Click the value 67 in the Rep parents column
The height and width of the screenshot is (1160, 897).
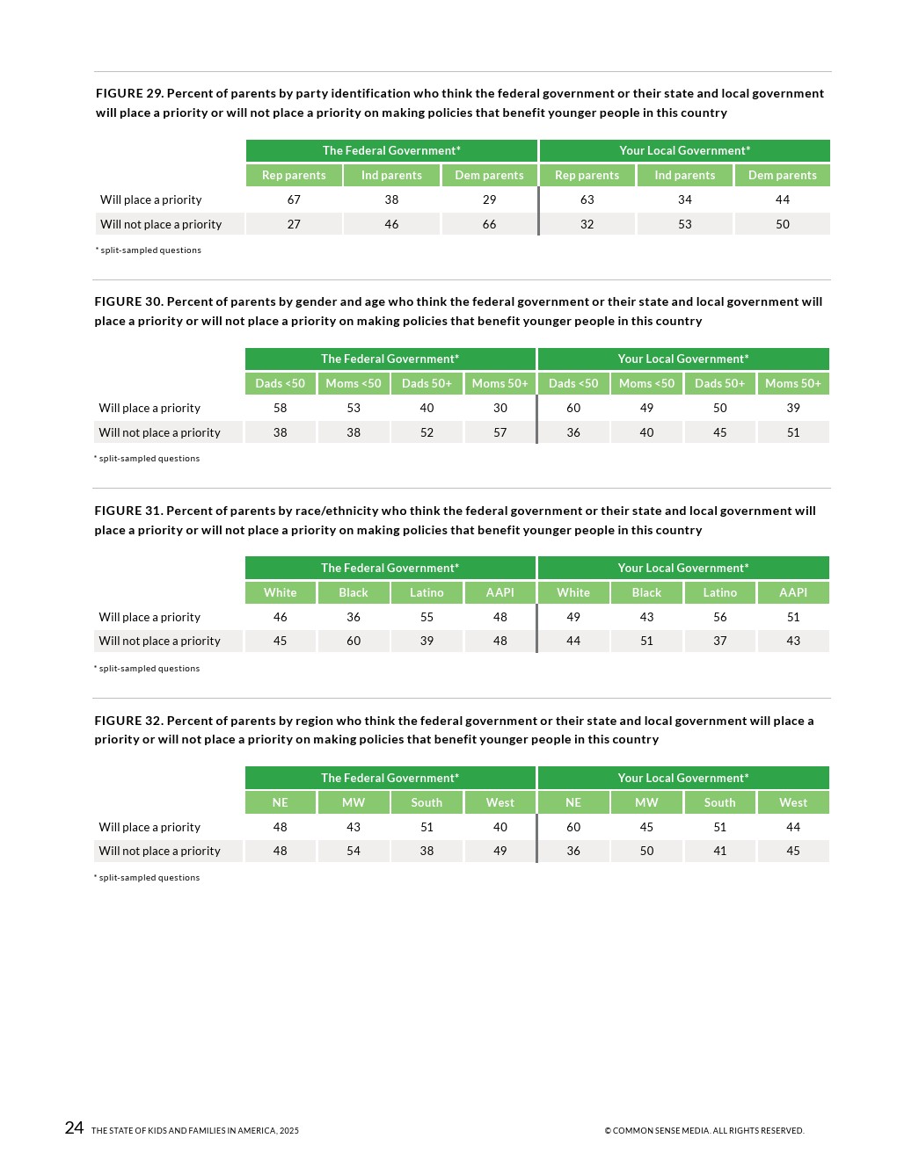pyautogui.click(x=294, y=199)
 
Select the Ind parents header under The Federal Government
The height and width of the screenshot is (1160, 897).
pyautogui.click(x=391, y=175)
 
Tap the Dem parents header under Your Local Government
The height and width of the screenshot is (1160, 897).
pyautogui.click(x=782, y=175)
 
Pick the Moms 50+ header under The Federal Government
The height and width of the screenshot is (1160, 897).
pyautogui.click(x=500, y=383)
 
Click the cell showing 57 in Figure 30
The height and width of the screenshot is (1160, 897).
pyautogui.click(x=500, y=432)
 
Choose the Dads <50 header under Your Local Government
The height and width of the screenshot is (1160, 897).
pyautogui.click(x=573, y=383)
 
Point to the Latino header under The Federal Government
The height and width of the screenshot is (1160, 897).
pyautogui.click(x=427, y=592)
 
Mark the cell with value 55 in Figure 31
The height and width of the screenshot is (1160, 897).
pyautogui.click(x=427, y=617)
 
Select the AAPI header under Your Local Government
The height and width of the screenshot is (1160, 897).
pyautogui.click(x=792, y=592)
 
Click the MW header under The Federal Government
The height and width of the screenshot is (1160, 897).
pyautogui.click(x=354, y=802)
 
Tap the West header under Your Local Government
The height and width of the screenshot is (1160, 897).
pyautogui.click(x=792, y=802)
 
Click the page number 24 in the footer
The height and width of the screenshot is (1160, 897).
pyautogui.click(x=74, y=1127)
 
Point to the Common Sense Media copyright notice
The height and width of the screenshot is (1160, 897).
pyautogui.click(x=704, y=1131)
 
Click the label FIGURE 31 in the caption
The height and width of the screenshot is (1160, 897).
pyautogui.click(x=128, y=511)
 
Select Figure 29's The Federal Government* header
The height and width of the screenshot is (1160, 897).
pyautogui.click(x=391, y=150)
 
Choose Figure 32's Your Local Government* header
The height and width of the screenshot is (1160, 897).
pyautogui.click(x=683, y=778)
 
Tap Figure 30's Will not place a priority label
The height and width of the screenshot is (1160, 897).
pyautogui.click(x=159, y=432)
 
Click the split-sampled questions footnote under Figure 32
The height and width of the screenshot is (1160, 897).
pyautogui.click(x=149, y=878)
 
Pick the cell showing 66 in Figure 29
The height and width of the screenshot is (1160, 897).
pyautogui.click(x=489, y=224)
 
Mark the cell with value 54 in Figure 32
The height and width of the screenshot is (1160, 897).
pyautogui.click(x=354, y=851)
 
